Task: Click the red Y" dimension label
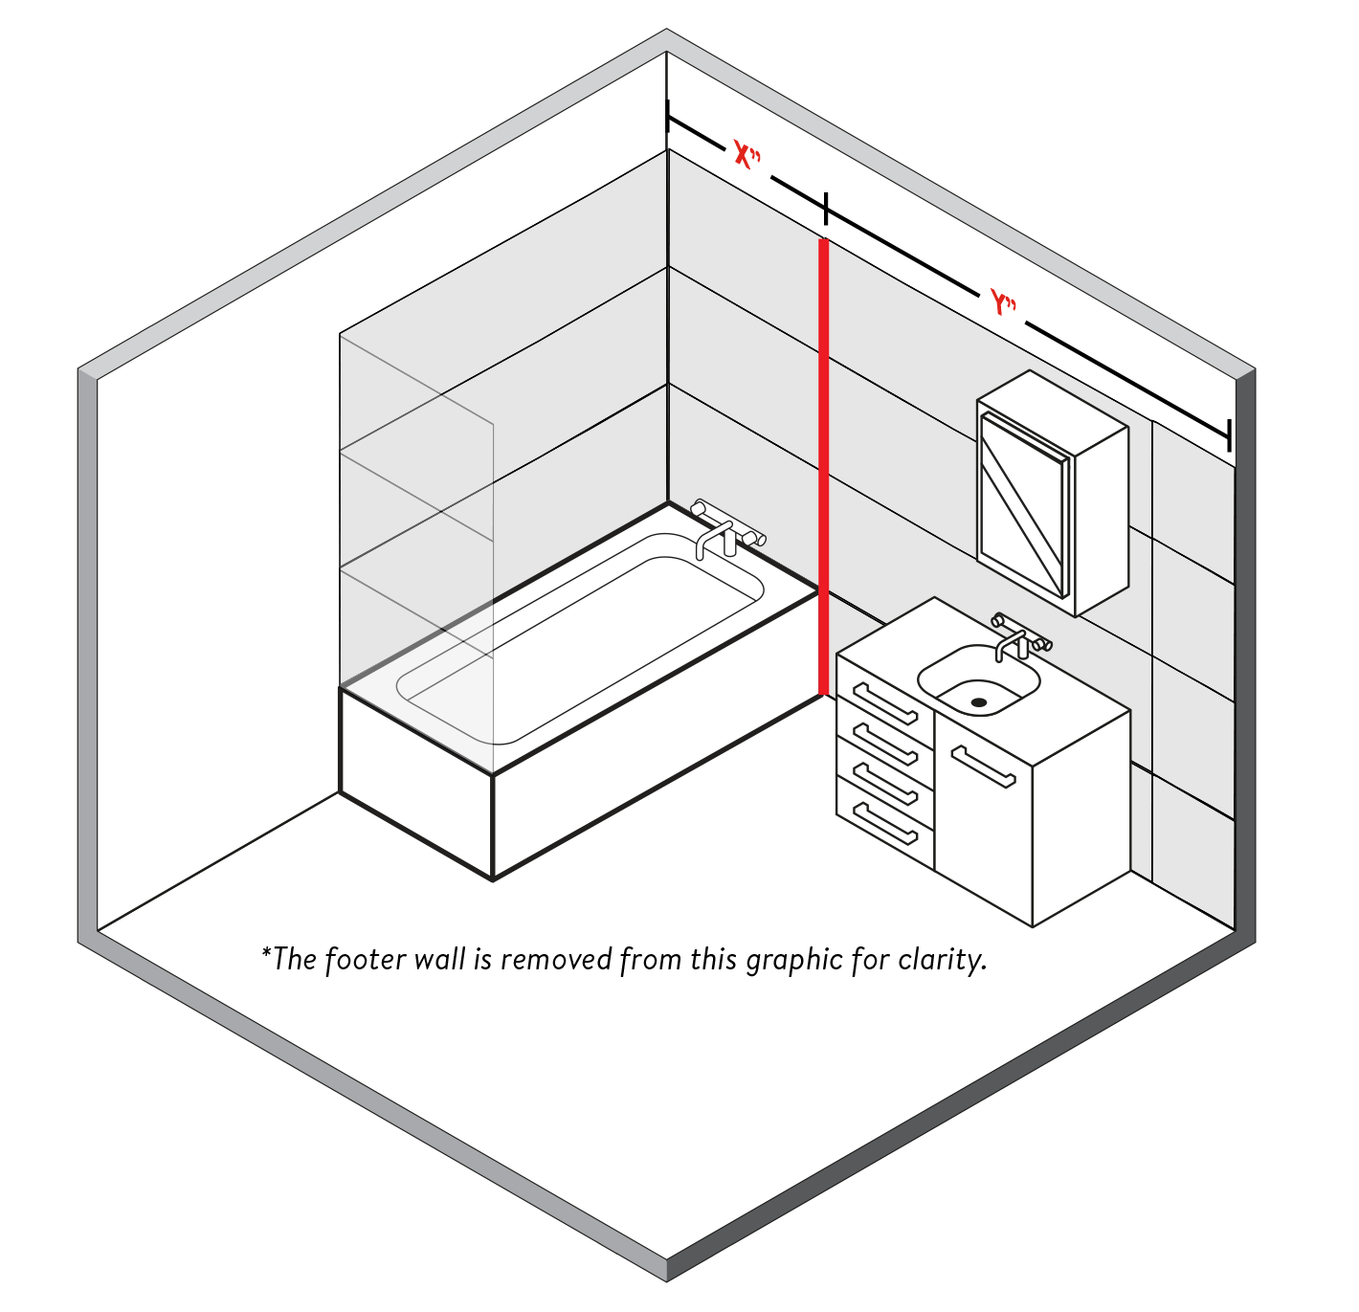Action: tap(1003, 304)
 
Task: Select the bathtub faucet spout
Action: tap(708, 540)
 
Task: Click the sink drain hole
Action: tap(978, 702)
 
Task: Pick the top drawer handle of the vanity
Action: tap(885, 703)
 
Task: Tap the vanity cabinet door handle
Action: tap(983, 766)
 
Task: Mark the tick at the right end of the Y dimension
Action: tap(1229, 434)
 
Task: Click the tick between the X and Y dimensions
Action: tap(825, 208)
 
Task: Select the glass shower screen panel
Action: tap(416, 536)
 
